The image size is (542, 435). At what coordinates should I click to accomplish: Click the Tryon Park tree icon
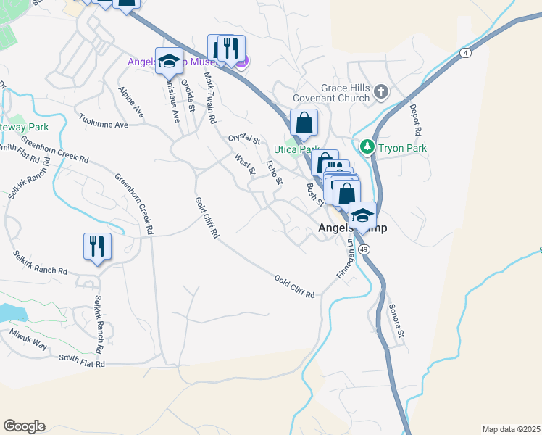point(367,147)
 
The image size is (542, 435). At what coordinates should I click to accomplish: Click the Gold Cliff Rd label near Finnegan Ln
point(294,286)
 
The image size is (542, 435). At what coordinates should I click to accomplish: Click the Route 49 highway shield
point(364,249)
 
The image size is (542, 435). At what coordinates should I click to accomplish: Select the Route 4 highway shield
point(464,53)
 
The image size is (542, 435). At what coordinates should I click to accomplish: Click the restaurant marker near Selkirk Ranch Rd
point(96,246)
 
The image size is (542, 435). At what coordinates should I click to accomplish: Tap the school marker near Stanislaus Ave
point(168,62)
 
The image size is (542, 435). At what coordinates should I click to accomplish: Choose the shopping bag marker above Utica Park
point(304,123)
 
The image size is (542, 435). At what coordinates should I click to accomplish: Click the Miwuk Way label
point(29,341)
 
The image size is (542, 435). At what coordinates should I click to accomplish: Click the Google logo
point(24,426)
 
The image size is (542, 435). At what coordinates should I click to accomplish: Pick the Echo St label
point(274,172)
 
